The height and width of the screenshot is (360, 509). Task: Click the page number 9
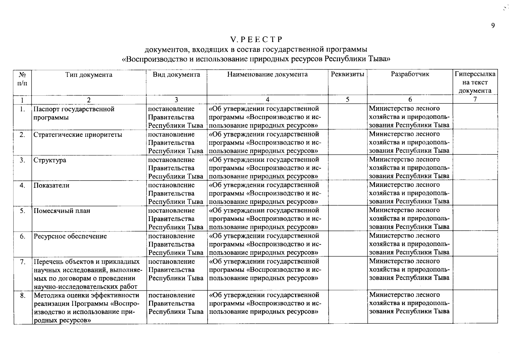493,26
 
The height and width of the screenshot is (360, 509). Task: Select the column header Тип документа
89,75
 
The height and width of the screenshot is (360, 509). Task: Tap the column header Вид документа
176,75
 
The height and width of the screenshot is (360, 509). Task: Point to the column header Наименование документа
267,74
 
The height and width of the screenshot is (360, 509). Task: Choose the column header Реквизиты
348,74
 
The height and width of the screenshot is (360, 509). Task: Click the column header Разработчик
410,74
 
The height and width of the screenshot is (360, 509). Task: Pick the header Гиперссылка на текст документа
475,82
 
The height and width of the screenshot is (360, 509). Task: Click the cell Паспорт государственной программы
74,113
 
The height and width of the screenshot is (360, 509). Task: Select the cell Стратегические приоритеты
78,135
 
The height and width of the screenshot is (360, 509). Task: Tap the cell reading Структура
50,160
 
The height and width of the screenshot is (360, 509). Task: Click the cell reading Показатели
51,185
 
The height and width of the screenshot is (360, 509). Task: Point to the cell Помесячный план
62,211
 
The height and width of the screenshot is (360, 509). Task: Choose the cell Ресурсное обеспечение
70,236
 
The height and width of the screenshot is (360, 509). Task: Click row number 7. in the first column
22,262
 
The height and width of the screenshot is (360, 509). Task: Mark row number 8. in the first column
22,295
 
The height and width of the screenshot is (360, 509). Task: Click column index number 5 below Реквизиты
347,100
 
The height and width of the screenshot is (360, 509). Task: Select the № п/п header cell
22,79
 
